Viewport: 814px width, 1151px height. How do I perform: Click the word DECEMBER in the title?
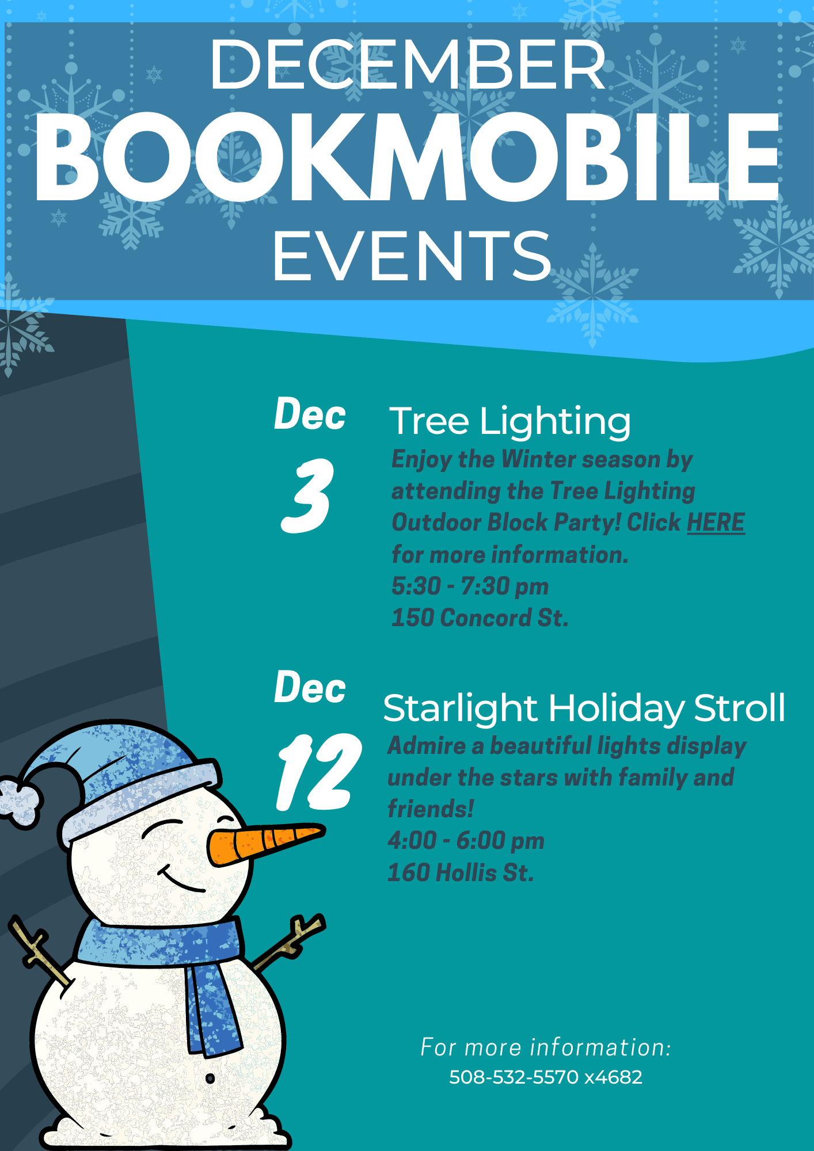408,64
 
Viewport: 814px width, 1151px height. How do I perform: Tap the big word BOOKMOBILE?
408,157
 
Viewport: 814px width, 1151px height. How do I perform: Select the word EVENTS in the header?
412,256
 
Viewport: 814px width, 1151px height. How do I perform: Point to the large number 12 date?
319,772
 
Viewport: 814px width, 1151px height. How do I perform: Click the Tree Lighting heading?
510,422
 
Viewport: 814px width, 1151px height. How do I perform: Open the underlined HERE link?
716,523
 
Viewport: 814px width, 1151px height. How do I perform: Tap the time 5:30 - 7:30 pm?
470,586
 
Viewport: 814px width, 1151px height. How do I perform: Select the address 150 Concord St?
480,618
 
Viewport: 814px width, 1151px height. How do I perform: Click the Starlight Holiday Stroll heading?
584,708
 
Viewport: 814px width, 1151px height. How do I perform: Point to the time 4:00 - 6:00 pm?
466,841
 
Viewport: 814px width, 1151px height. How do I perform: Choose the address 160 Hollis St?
461,872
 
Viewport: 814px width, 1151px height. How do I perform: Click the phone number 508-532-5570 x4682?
546,1077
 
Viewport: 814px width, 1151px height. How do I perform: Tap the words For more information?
546,1047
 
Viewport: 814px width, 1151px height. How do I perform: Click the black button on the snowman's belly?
210,1078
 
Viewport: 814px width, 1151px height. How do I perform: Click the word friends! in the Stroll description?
431,809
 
